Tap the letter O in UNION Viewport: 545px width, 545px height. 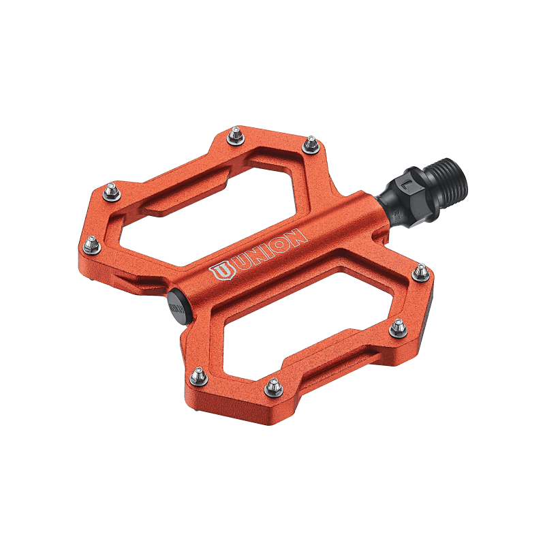tap(278, 243)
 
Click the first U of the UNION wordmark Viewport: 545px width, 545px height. tap(240, 262)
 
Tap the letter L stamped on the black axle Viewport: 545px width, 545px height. tap(406, 185)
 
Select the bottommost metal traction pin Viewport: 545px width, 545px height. tap(274, 387)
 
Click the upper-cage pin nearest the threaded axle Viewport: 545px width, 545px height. tap(311, 144)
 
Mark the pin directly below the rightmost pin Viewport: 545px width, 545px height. tap(397, 329)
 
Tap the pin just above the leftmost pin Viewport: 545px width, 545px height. tap(112, 191)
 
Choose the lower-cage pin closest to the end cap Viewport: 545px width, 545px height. tap(198, 376)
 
